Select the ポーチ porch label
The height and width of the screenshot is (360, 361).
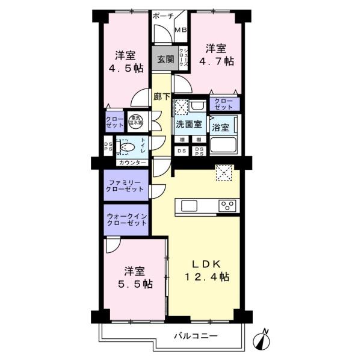[163, 16]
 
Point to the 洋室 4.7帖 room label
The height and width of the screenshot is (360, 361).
[217, 54]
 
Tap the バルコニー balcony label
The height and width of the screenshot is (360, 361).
[196, 335]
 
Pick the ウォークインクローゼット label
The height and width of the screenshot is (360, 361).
[125, 219]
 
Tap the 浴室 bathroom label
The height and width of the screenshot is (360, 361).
[220, 127]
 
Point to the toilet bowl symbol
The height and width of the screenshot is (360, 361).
[128, 146]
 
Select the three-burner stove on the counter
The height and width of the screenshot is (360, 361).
[228, 206]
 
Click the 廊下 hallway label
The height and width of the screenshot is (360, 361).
[161, 96]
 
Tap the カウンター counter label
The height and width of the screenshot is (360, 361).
[132, 163]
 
